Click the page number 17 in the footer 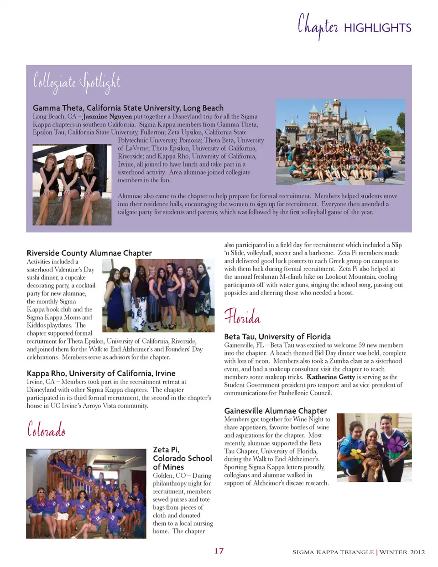point(219,551)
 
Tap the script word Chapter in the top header point(318,26)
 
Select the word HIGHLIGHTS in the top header point(377,28)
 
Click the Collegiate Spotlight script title point(77,82)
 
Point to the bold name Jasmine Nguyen point(107,117)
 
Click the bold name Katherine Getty point(330,377)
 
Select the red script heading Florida point(242,317)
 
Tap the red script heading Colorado point(46,429)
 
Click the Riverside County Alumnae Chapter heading point(89,253)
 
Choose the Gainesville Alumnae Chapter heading point(276,411)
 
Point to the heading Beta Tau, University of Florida point(277,337)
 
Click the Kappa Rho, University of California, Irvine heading point(101,373)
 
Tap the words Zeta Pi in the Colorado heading point(166,450)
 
